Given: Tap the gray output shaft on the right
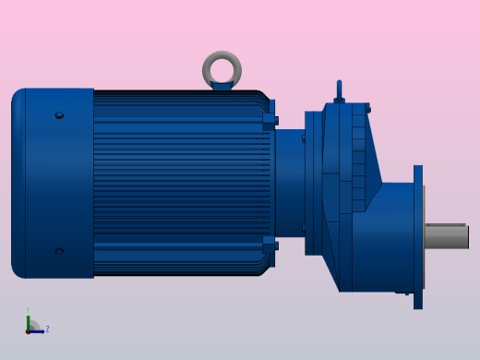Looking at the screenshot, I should click(x=447, y=237).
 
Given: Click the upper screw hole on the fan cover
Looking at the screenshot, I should click(x=59, y=115).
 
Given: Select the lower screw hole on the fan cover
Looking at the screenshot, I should click(x=59, y=250).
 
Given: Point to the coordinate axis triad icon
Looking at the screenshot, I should click(x=33, y=326).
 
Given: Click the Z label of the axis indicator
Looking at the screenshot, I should click(x=47, y=329).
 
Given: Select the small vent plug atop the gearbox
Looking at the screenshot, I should click(x=339, y=90).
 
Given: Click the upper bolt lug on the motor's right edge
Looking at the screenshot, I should click(x=270, y=119).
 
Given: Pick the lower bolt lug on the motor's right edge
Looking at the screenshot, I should click(x=270, y=244).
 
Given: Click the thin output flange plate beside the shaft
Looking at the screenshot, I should click(x=418, y=236).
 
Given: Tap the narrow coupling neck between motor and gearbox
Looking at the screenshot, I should click(x=289, y=183).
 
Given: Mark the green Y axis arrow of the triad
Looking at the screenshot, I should click(x=28, y=318).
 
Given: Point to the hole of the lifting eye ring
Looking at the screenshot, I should click(x=222, y=68).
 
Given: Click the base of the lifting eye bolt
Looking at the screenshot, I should click(x=222, y=87).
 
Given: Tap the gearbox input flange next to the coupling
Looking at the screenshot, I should click(x=314, y=183).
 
